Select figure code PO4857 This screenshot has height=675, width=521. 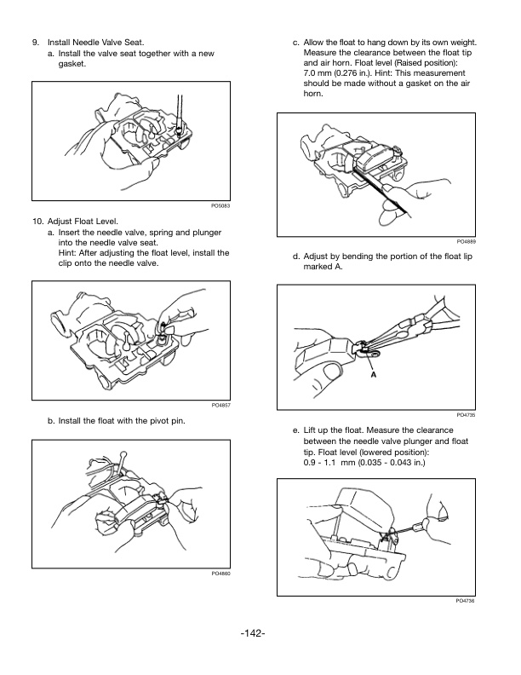(221, 405)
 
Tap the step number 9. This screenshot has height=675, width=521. (35, 42)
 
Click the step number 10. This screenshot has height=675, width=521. (37, 222)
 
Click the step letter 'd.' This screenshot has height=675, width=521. (295, 256)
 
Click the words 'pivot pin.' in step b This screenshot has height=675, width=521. (167, 421)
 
